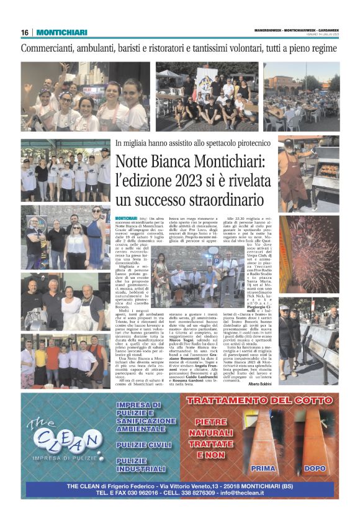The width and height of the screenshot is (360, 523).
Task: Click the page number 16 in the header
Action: click(x=25, y=32)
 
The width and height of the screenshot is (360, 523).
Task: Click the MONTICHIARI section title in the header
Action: click(x=61, y=32)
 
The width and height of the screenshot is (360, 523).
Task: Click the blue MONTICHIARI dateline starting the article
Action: click(x=127, y=219)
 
